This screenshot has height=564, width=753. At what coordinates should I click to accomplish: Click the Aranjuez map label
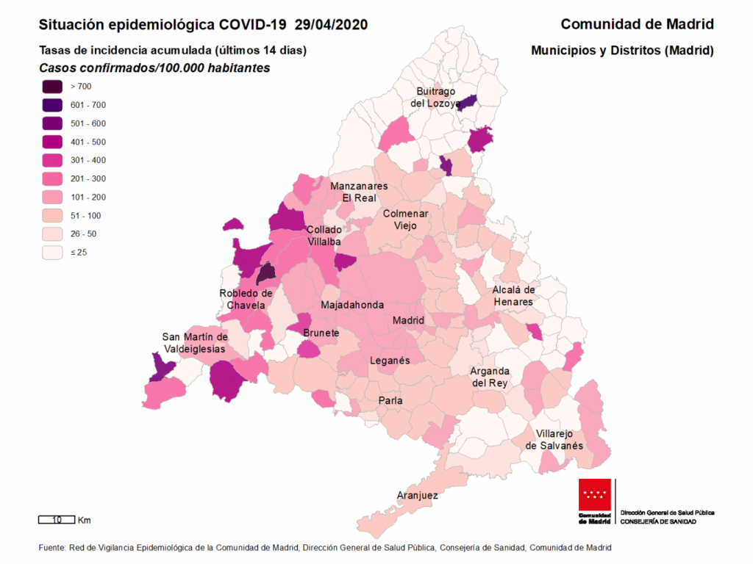tap(417, 496)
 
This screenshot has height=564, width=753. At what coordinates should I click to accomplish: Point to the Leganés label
tap(389, 361)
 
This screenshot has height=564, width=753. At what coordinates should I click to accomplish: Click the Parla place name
tap(390, 401)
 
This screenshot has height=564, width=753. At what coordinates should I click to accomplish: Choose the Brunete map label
tap(321, 333)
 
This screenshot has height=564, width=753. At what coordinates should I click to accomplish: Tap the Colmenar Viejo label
tap(405, 220)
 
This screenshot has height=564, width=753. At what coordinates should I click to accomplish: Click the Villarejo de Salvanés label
tap(554, 440)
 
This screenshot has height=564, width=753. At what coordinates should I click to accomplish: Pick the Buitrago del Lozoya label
tap(436, 98)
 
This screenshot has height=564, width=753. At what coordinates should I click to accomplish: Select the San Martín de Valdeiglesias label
tap(193, 343)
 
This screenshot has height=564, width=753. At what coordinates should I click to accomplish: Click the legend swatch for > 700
tap(52, 87)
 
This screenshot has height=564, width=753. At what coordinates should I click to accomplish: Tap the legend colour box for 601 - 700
tap(52, 105)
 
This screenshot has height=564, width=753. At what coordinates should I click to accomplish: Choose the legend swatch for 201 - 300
tap(52, 178)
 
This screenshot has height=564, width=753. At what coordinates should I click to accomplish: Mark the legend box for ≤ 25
tap(52, 252)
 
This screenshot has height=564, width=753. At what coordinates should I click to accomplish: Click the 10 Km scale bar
tap(56, 520)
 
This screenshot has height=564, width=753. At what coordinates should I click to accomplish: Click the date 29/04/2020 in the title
tap(331, 25)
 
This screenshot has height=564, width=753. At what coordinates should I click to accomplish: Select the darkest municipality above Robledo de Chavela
tap(266, 274)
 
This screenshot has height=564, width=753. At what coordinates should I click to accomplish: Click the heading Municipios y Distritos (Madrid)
tap(622, 51)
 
